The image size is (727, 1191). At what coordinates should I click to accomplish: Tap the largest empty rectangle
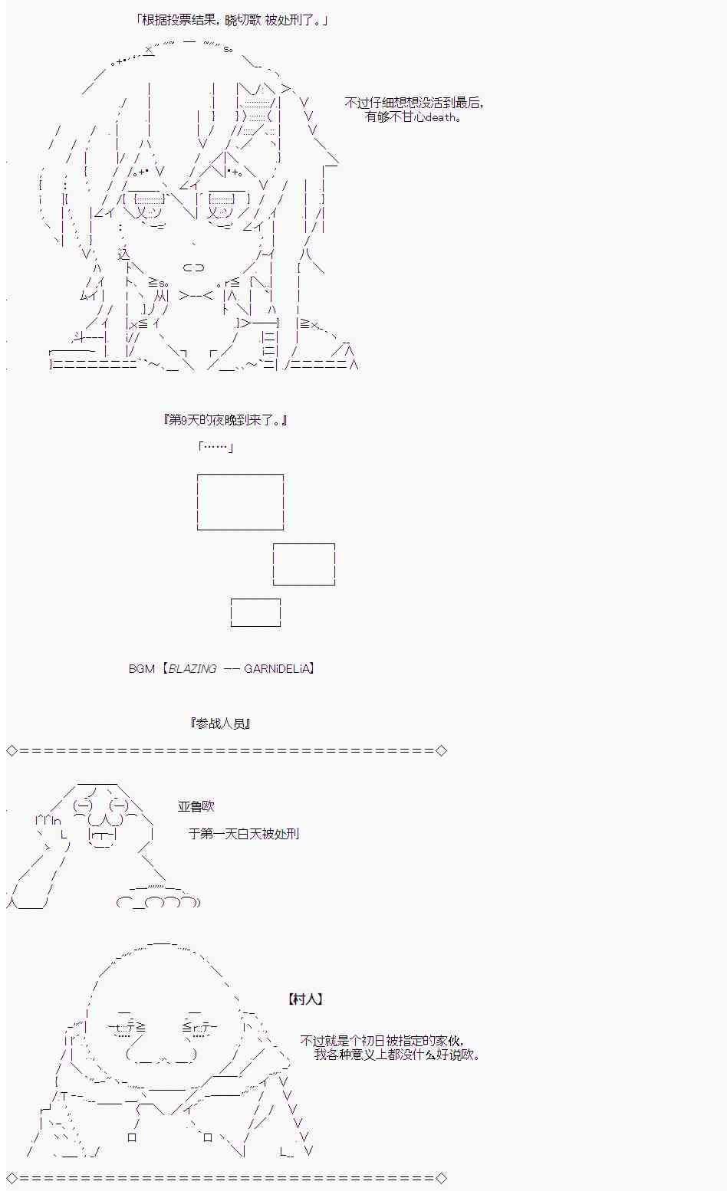(240, 475)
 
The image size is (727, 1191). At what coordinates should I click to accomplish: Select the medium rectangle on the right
(304, 544)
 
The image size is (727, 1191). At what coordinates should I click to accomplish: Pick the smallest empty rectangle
(255, 599)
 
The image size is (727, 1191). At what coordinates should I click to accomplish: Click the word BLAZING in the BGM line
(192, 669)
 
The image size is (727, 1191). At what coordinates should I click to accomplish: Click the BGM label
(142, 669)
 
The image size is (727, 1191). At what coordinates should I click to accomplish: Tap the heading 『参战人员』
(220, 723)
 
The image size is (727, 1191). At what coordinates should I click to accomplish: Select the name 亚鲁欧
(196, 806)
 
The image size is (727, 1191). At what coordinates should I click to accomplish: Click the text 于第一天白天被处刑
(244, 834)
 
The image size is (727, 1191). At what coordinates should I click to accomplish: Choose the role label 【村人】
(305, 999)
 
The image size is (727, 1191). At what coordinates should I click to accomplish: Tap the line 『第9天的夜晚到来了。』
(225, 420)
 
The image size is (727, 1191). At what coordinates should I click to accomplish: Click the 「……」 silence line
(215, 446)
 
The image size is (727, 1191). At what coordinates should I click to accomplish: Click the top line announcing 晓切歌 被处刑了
(232, 21)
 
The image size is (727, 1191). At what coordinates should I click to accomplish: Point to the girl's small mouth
(193, 267)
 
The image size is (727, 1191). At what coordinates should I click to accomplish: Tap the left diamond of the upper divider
(12, 750)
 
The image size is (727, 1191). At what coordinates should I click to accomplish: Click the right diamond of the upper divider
(441, 750)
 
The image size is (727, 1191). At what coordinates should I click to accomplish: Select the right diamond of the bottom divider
(441, 1178)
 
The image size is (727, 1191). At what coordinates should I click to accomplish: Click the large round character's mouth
(162, 1055)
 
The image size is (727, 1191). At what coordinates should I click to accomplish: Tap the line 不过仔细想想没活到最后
(414, 103)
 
